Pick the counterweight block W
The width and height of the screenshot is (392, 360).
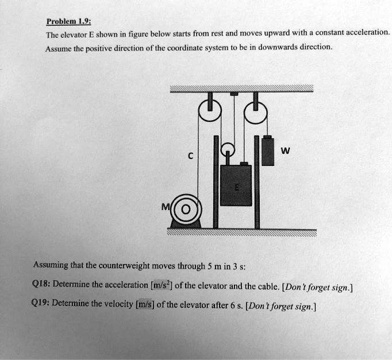click(x=268, y=150)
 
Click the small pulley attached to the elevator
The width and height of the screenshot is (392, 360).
click(x=228, y=150)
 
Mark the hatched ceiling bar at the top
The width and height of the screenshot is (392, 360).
click(x=241, y=88)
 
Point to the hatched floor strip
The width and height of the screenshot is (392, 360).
click(x=241, y=233)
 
